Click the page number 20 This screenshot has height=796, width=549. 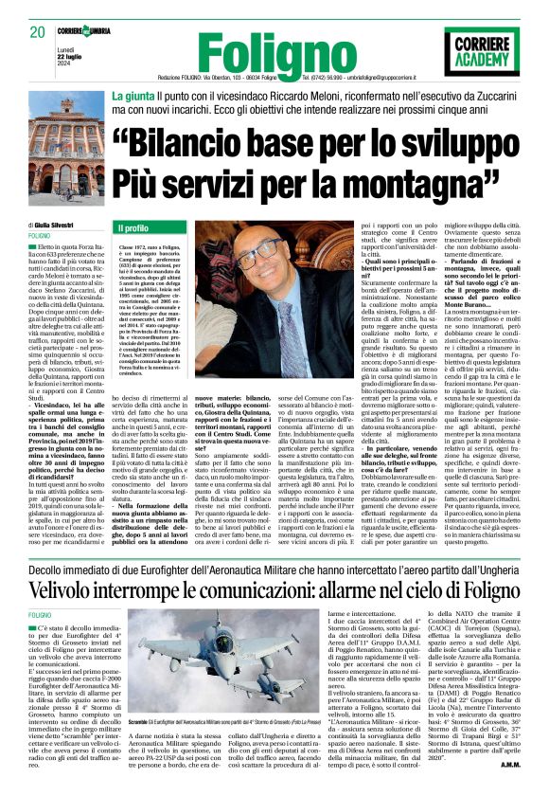(37, 32)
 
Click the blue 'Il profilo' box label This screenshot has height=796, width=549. (134, 228)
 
